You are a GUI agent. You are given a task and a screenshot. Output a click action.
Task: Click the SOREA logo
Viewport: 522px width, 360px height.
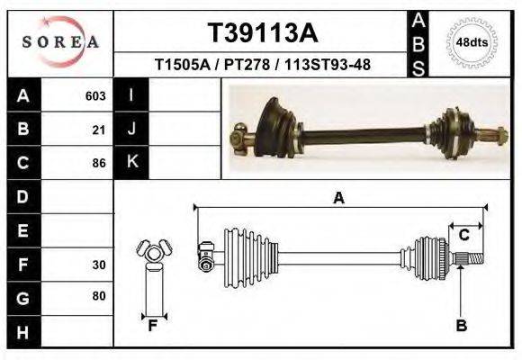coord(60,42)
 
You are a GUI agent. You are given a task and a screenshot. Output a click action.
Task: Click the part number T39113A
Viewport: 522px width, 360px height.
coord(263,33)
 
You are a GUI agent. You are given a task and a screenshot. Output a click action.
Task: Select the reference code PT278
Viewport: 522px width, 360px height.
coord(247,65)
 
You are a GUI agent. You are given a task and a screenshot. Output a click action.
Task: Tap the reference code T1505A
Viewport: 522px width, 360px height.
coord(183,65)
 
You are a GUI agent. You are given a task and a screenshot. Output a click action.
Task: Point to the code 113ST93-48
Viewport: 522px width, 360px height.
coord(328,65)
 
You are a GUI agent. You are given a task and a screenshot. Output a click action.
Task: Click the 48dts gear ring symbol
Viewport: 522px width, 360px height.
coord(472,43)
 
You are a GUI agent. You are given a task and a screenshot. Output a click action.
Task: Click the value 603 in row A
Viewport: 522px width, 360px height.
coord(95,96)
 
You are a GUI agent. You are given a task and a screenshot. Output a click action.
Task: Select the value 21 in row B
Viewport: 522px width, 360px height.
coord(99,130)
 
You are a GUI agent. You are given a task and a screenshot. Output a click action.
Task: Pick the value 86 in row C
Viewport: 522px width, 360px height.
coord(99,163)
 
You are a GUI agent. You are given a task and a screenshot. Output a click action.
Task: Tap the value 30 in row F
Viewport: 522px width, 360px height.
coord(99,265)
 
